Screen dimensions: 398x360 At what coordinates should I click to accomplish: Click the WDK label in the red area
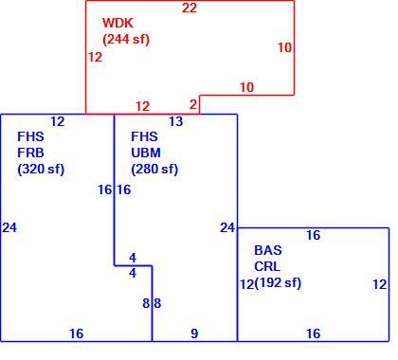pos(118,23)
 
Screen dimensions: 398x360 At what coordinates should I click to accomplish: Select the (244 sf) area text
pos(126,39)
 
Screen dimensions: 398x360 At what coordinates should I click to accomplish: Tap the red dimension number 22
pos(190,8)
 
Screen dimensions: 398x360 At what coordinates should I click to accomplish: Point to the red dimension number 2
pos(193,104)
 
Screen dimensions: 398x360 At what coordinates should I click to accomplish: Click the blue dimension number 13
pos(176,121)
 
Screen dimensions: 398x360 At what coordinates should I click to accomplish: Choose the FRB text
pos(30,153)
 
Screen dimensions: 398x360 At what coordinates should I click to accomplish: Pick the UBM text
pos(146,153)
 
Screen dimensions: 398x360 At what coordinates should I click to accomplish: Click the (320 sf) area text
pos(41,169)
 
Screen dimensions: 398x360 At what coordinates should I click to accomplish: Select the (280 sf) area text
pos(154,169)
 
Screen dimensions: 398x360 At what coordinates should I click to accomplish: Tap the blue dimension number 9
pos(194,333)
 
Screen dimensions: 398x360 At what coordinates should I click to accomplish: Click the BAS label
pos(268,250)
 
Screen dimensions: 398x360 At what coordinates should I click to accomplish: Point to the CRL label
pos(267,266)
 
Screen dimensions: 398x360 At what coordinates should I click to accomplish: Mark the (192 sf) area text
pos(278,282)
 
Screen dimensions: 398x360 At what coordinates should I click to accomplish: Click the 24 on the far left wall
pos(9,227)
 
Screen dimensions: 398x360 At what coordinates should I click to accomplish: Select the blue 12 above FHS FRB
pos(58,121)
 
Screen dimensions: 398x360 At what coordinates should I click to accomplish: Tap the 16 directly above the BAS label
pos(314,235)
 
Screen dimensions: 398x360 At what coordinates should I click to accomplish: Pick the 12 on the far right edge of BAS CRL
pos(380,284)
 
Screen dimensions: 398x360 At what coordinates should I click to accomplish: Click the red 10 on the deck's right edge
pos(284,47)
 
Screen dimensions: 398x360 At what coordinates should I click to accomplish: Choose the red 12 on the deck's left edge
pos(95,57)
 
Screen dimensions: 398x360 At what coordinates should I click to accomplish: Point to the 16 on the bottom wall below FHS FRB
pos(77,333)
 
